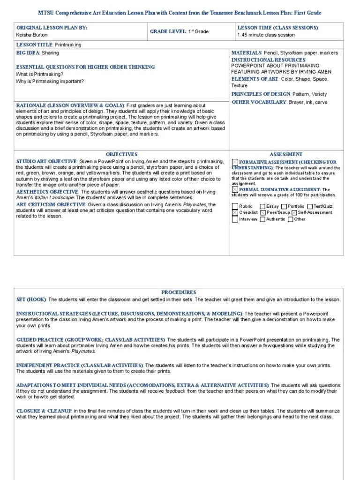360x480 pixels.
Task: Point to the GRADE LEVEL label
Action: pyautogui.click(x=168, y=31)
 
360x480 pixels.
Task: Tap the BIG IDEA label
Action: pyautogui.click(x=28, y=53)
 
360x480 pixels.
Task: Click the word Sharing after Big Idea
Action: pyautogui.click(x=50, y=53)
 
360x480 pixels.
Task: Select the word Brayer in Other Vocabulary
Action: pyautogui.click(x=295, y=102)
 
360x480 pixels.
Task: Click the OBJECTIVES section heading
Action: pyautogui.click(x=121, y=154)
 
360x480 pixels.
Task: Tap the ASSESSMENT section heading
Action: pyautogui.click(x=286, y=154)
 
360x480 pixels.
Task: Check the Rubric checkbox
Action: pyautogui.click(x=235, y=206)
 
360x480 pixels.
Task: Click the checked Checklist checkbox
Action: pyautogui.click(x=235, y=212)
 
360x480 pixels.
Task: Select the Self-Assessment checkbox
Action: pyautogui.click(x=294, y=212)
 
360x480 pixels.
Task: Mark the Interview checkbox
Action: pyautogui.click(x=235, y=219)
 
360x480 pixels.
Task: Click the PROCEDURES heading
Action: pyautogui.click(x=179, y=292)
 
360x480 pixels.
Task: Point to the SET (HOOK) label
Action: pyautogui.click(x=31, y=300)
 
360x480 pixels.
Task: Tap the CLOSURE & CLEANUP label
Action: pyautogui.click(x=44, y=411)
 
